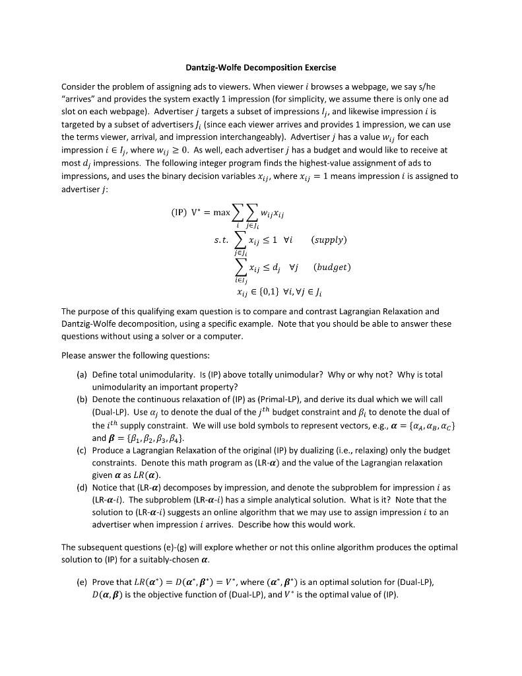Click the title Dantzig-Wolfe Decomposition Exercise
261,67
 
